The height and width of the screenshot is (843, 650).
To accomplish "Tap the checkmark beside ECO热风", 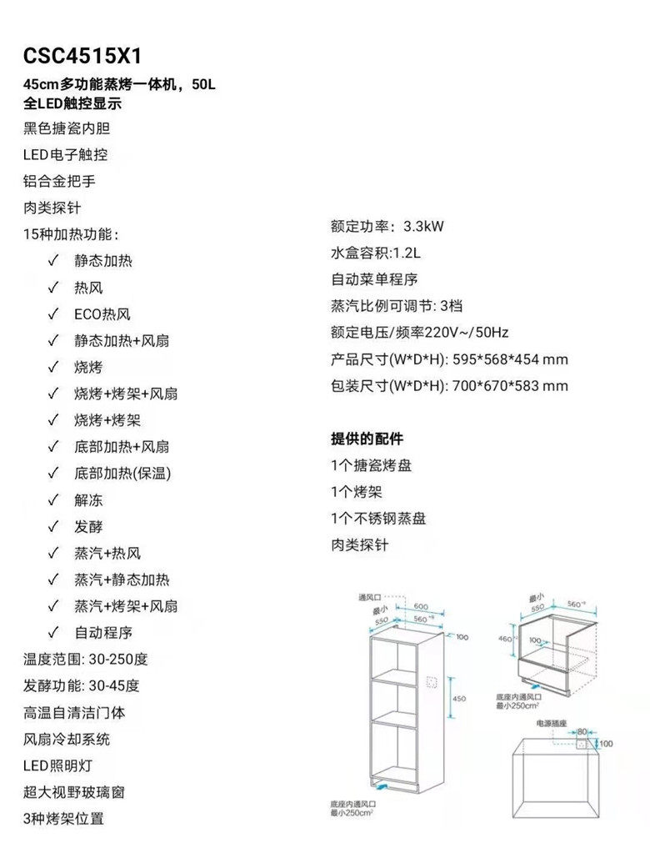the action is (x=52, y=314).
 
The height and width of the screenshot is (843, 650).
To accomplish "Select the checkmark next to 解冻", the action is (x=52, y=500).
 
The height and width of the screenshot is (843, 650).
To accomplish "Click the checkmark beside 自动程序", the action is (x=52, y=633).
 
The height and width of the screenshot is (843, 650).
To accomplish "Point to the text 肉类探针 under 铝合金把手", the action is (x=52, y=208).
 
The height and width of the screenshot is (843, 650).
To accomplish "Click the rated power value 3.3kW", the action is (x=423, y=227).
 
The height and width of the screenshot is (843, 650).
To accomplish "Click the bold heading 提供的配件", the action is (x=367, y=439).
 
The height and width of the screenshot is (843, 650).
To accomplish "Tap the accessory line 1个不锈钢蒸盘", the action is (x=378, y=519).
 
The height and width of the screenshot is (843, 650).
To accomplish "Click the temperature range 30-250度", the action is (x=117, y=660).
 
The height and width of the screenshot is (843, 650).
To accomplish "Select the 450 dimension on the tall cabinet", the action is (x=458, y=699).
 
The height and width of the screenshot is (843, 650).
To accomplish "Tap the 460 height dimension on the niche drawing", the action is (x=503, y=639).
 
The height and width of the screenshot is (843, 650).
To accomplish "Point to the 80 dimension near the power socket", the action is (x=582, y=731).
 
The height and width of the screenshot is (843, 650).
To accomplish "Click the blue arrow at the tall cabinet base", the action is (x=380, y=785).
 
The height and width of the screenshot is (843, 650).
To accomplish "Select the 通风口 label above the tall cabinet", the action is (x=369, y=598).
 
